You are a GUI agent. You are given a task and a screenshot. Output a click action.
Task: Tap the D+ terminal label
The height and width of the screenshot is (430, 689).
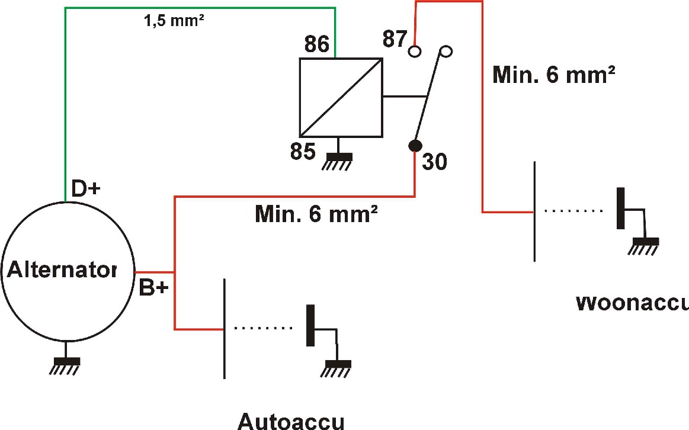click(x=86, y=189)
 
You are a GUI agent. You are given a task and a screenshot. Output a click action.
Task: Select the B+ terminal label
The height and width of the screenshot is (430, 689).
click(x=153, y=289)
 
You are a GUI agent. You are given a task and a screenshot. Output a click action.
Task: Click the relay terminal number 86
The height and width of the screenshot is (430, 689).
click(x=316, y=45)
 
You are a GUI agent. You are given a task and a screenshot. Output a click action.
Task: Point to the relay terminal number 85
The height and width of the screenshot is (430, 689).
click(x=303, y=152)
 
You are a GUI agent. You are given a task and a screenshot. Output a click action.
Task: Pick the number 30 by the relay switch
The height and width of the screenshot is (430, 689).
click(x=434, y=161)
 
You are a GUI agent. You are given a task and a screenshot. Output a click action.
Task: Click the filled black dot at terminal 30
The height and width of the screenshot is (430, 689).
click(x=415, y=145)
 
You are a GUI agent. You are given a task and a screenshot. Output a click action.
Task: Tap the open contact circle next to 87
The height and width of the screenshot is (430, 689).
click(x=415, y=52)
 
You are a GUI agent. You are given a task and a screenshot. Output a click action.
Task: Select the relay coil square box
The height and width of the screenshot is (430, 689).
click(x=341, y=97)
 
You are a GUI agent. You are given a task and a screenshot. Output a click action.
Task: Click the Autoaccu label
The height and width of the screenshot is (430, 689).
click(x=290, y=421)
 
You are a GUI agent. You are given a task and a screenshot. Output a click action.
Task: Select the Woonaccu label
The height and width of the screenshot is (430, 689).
click(x=632, y=303)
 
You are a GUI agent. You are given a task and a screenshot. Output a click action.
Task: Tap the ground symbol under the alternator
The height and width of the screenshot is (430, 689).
click(x=66, y=364)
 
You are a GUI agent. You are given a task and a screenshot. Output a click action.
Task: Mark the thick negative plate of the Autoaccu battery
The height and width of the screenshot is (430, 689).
click(x=310, y=325)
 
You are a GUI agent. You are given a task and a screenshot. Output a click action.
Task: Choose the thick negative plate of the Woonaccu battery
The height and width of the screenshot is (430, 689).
click(x=621, y=208)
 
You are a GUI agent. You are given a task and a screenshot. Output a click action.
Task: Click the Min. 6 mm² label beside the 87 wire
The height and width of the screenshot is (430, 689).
click(x=553, y=75)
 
